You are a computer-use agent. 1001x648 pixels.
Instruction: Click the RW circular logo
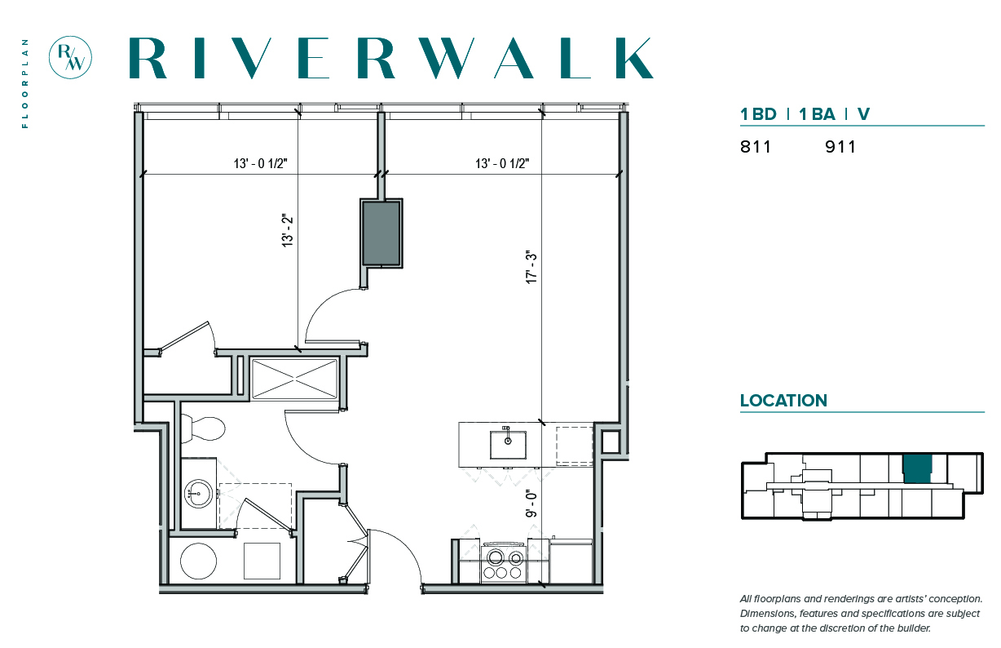[70, 58]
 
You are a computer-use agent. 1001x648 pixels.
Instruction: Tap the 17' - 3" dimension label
[531, 267]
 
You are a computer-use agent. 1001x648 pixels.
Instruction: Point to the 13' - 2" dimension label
[288, 231]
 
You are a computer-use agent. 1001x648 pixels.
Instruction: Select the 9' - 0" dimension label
[531, 504]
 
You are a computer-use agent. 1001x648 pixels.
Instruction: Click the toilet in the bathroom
[203, 428]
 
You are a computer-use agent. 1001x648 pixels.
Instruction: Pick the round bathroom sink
[198, 494]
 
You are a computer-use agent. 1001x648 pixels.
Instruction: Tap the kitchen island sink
[508, 445]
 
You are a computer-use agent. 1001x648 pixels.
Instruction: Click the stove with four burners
[504, 562]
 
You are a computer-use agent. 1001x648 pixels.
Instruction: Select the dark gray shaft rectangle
[381, 233]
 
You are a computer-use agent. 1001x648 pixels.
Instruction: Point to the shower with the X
[294, 379]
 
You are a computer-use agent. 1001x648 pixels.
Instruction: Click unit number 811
[755, 147]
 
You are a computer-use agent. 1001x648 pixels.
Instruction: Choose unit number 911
[840, 147]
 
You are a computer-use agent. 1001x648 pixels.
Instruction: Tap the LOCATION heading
[784, 401]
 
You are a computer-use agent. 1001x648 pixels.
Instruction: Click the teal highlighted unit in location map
[917, 469]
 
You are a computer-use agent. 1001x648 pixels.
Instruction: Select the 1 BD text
[758, 114]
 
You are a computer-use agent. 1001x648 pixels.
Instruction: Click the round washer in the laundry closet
[198, 561]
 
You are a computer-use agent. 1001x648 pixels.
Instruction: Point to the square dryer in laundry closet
[262, 561]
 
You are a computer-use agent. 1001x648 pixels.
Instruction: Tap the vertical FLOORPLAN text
[25, 84]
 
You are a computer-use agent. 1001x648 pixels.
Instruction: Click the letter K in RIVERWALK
[634, 58]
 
